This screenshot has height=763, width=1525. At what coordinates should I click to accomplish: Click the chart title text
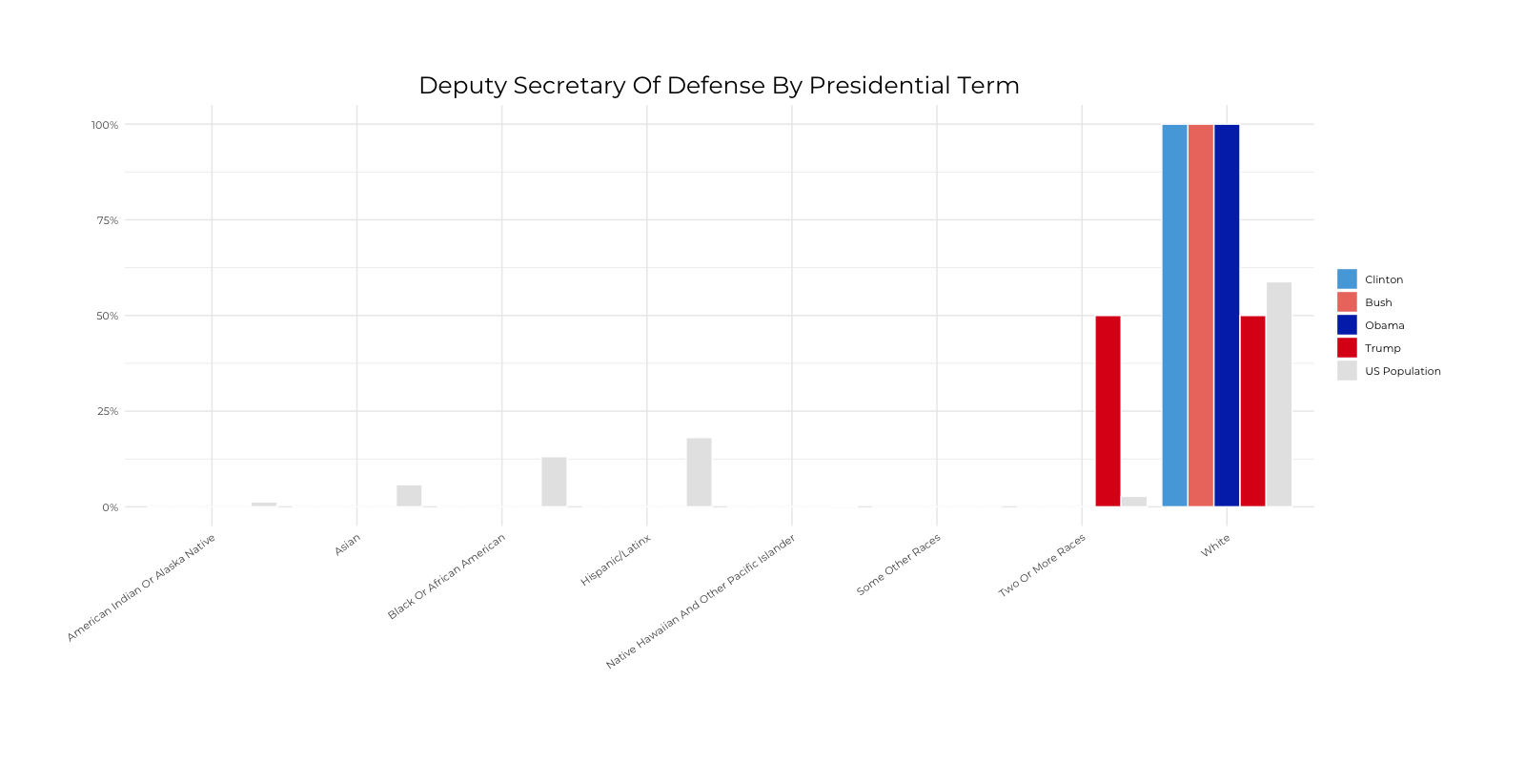click(x=719, y=86)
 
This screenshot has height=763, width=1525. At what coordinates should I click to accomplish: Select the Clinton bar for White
click(x=1174, y=315)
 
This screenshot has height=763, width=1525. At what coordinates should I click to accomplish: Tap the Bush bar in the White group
click(x=1200, y=315)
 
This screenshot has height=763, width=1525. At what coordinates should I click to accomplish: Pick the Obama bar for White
click(x=1227, y=315)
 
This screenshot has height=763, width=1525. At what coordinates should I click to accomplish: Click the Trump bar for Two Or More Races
click(x=1108, y=411)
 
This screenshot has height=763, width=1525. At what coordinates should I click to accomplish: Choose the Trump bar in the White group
click(x=1252, y=411)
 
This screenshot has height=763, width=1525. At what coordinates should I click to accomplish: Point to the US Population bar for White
click(x=1279, y=394)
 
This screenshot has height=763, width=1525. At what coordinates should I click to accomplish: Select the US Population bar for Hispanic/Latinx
click(x=699, y=472)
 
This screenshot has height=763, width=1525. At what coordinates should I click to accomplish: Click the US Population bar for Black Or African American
click(x=554, y=482)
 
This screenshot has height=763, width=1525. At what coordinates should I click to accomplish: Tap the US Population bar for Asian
click(x=409, y=496)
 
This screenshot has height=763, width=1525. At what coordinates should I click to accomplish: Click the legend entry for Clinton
click(x=1383, y=279)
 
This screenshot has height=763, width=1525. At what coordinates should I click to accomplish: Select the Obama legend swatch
click(x=1347, y=325)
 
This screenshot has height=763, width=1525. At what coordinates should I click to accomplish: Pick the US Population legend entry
click(x=1402, y=371)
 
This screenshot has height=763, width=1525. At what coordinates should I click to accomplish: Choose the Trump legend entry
click(x=1382, y=348)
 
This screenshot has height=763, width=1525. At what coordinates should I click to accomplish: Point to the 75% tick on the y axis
click(x=107, y=220)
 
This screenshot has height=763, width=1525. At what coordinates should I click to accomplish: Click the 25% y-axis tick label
click(x=107, y=411)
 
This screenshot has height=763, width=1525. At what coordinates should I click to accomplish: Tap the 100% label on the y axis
click(x=105, y=125)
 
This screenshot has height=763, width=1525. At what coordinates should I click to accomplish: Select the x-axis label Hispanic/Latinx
click(x=616, y=561)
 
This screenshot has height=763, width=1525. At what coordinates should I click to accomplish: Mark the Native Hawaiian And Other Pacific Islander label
click(x=701, y=602)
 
